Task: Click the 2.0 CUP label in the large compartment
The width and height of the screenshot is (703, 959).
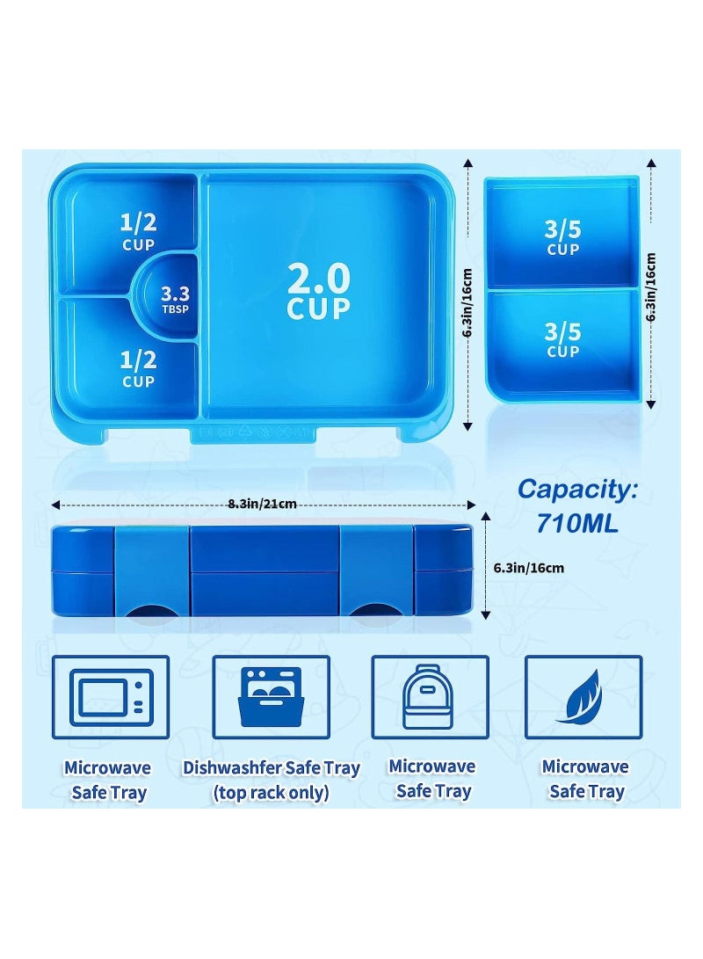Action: [x=318, y=291]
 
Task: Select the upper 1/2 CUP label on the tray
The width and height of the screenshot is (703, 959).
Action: [x=138, y=231]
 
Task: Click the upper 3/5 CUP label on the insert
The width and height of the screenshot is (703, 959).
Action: [x=562, y=237]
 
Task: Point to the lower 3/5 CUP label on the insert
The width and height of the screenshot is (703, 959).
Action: [x=562, y=339]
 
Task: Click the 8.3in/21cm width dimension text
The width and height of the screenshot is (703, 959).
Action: [x=262, y=504]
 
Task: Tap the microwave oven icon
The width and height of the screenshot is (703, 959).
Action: [x=112, y=698]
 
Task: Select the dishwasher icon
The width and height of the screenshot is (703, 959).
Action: [x=272, y=698]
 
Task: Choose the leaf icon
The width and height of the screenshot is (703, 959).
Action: [x=583, y=698]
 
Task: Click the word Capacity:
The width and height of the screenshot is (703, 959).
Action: [x=576, y=490]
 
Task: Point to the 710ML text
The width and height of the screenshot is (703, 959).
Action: [x=577, y=525]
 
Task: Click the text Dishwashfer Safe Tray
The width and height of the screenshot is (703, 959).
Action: [x=272, y=767]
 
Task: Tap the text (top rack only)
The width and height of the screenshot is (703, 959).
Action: [x=272, y=792]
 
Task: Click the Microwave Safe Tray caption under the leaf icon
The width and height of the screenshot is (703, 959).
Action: [x=585, y=779]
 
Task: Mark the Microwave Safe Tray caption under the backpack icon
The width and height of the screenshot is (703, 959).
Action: [x=431, y=779]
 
